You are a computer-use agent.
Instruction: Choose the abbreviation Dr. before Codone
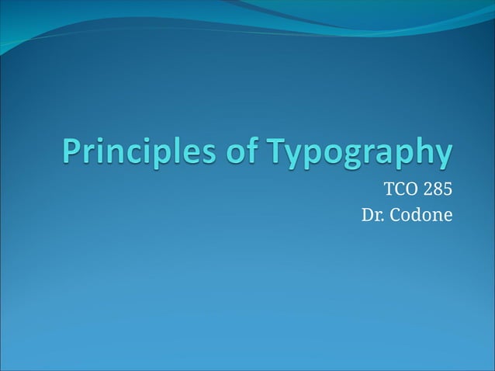pyautogui.click(x=374, y=213)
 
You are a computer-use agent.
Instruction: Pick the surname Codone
pyautogui.click(x=421, y=213)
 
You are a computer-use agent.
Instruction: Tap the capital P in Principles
pyautogui.click(x=71, y=152)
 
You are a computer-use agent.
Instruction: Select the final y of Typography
pyautogui.click(x=441, y=156)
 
